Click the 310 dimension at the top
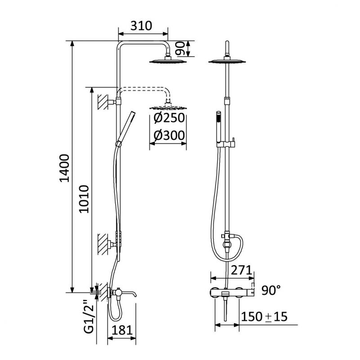pos(141,26)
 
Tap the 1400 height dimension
pos(64,168)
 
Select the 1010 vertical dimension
pos(84,199)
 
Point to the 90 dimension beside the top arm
pos(180,49)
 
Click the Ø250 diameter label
pos(169,118)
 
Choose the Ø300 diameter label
pos(169,135)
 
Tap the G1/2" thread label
pos(89,316)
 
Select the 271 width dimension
pos(241,270)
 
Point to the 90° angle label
pos(271,290)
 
